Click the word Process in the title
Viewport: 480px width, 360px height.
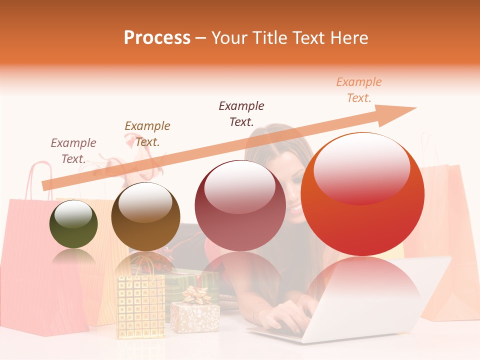coord(157,38)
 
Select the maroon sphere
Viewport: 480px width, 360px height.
coord(240,206)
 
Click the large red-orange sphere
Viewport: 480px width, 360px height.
coord(362,195)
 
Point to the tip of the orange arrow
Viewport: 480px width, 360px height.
coord(415,108)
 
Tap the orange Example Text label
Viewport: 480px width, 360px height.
coord(359,90)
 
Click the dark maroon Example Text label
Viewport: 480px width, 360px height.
coord(241,113)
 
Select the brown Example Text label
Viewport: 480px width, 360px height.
coord(147,134)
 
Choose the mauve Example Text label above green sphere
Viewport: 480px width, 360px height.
coord(73,151)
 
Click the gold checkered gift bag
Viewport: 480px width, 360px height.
coord(140,305)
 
